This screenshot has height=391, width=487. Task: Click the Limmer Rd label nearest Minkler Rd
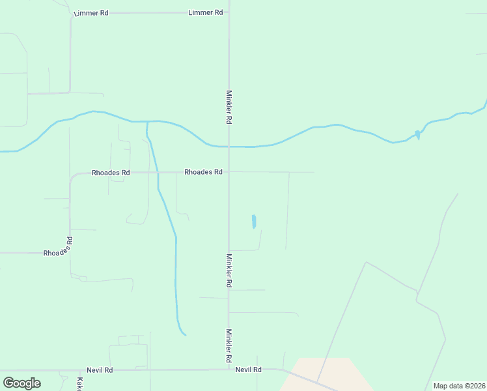click(x=206, y=12)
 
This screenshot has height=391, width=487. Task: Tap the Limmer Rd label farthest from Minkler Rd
click(x=91, y=13)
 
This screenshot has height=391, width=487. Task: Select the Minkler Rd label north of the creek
click(x=229, y=107)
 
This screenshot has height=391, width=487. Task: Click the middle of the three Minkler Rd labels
click(x=229, y=270)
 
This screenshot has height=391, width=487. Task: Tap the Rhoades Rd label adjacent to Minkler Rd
click(x=203, y=172)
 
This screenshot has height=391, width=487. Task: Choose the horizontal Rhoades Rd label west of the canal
click(x=111, y=173)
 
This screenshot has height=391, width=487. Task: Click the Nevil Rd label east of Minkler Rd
click(x=249, y=369)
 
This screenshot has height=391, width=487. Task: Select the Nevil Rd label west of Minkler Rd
click(x=100, y=369)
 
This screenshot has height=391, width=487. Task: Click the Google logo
click(x=21, y=383)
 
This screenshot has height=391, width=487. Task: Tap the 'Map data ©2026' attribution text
click(x=459, y=385)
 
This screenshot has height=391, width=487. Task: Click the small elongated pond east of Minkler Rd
click(x=254, y=222)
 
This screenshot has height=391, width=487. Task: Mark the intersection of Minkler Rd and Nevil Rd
click(x=229, y=369)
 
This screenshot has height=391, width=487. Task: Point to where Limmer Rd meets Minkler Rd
click(x=229, y=12)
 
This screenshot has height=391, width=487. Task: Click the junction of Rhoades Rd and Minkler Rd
click(x=229, y=172)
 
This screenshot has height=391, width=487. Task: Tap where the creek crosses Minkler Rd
click(x=229, y=146)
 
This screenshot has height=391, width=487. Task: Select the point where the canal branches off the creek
click(x=147, y=123)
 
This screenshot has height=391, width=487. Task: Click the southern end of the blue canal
click(x=185, y=334)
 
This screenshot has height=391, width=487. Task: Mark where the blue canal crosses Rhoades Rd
click(x=158, y=172)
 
